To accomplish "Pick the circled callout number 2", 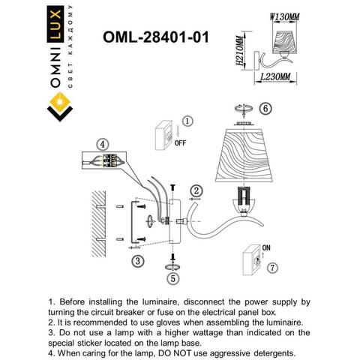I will (195, 190).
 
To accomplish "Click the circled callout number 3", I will (137, 260).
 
